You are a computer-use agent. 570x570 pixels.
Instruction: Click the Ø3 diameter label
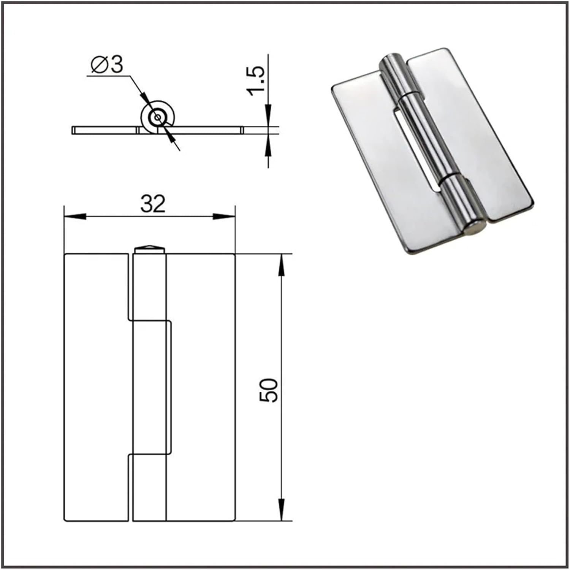pyautogui.click(x=108, y=65)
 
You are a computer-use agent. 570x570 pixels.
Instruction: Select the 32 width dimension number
pyautogui.click(x=153, y=204)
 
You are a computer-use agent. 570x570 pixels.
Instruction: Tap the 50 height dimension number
pyautogui.click(x=269, y=390)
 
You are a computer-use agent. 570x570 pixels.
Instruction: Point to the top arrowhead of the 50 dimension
pyautogui.click(x=281, y=264)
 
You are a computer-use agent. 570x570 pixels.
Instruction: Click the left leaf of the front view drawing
pyautogui.click(x=97, y=388)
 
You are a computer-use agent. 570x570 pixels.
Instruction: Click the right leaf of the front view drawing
pyautogui.click(x=201, y=388)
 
